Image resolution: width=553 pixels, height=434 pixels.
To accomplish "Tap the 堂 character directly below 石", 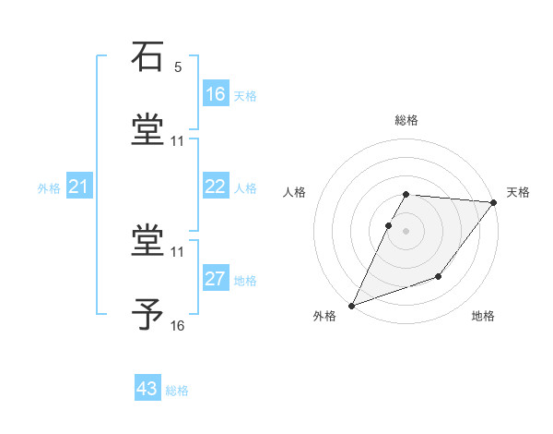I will point(147,130).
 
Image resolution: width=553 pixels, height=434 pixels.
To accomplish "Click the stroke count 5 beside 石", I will point(178,67).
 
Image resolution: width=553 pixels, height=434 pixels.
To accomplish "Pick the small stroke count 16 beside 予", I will point(178,325).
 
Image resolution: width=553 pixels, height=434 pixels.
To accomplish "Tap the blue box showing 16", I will point(216,93).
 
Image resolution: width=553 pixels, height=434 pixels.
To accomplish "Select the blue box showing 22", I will point(216,187).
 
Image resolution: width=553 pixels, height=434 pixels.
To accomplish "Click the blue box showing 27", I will point(216,279).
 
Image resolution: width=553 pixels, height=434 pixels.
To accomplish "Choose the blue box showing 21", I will point(78,187).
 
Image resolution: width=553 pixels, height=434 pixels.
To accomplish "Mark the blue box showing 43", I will point(147,389).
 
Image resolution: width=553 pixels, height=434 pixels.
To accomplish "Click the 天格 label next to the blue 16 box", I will point(245,96).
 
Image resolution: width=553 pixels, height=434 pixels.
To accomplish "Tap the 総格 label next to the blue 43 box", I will point(177,391).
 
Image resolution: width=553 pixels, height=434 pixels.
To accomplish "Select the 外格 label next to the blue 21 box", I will point(49,188).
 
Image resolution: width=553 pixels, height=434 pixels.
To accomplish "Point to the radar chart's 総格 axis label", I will point(406,120).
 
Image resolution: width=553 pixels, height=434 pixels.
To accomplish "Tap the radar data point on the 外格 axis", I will point(351,305).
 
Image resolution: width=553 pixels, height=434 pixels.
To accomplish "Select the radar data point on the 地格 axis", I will point(439,276).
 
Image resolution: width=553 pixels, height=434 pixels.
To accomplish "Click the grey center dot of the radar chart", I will point(406,230).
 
